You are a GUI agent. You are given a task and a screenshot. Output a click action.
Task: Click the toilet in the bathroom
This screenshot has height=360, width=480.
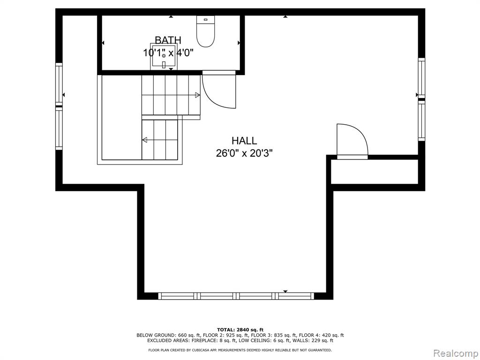coord(205,31)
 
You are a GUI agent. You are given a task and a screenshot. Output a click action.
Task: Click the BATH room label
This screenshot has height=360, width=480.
coord(168,40)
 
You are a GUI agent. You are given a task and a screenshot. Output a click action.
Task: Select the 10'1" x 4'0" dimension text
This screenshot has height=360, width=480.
coord(168,52)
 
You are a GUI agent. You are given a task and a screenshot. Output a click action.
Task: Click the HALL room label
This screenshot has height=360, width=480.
coord(244,141)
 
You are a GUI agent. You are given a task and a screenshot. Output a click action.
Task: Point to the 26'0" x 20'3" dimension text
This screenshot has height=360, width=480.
coord(244,153)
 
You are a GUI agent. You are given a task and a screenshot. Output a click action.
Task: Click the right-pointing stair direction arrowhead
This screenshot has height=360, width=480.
coord(197,95)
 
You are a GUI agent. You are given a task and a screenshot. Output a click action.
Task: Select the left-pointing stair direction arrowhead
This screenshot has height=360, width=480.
coord(145,140)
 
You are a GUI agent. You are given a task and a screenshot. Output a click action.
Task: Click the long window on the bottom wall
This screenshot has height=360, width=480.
coord(236,296)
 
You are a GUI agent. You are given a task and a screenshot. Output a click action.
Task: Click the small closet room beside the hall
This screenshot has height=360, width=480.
coord(375,172)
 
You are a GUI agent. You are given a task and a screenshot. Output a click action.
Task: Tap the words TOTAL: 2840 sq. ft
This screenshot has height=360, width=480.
coord(240,330)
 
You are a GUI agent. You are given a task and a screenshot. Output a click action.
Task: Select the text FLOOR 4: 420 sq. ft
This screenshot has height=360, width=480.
coord(321,335)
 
